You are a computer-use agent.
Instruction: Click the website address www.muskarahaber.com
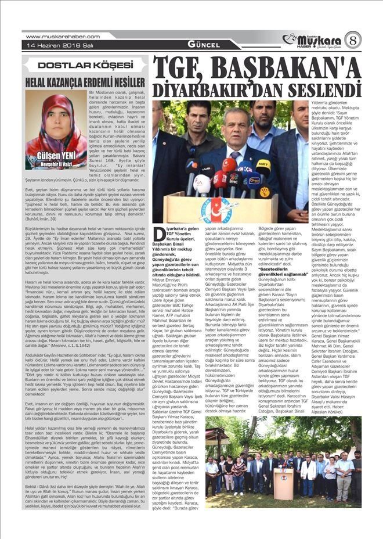pos(55,37)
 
